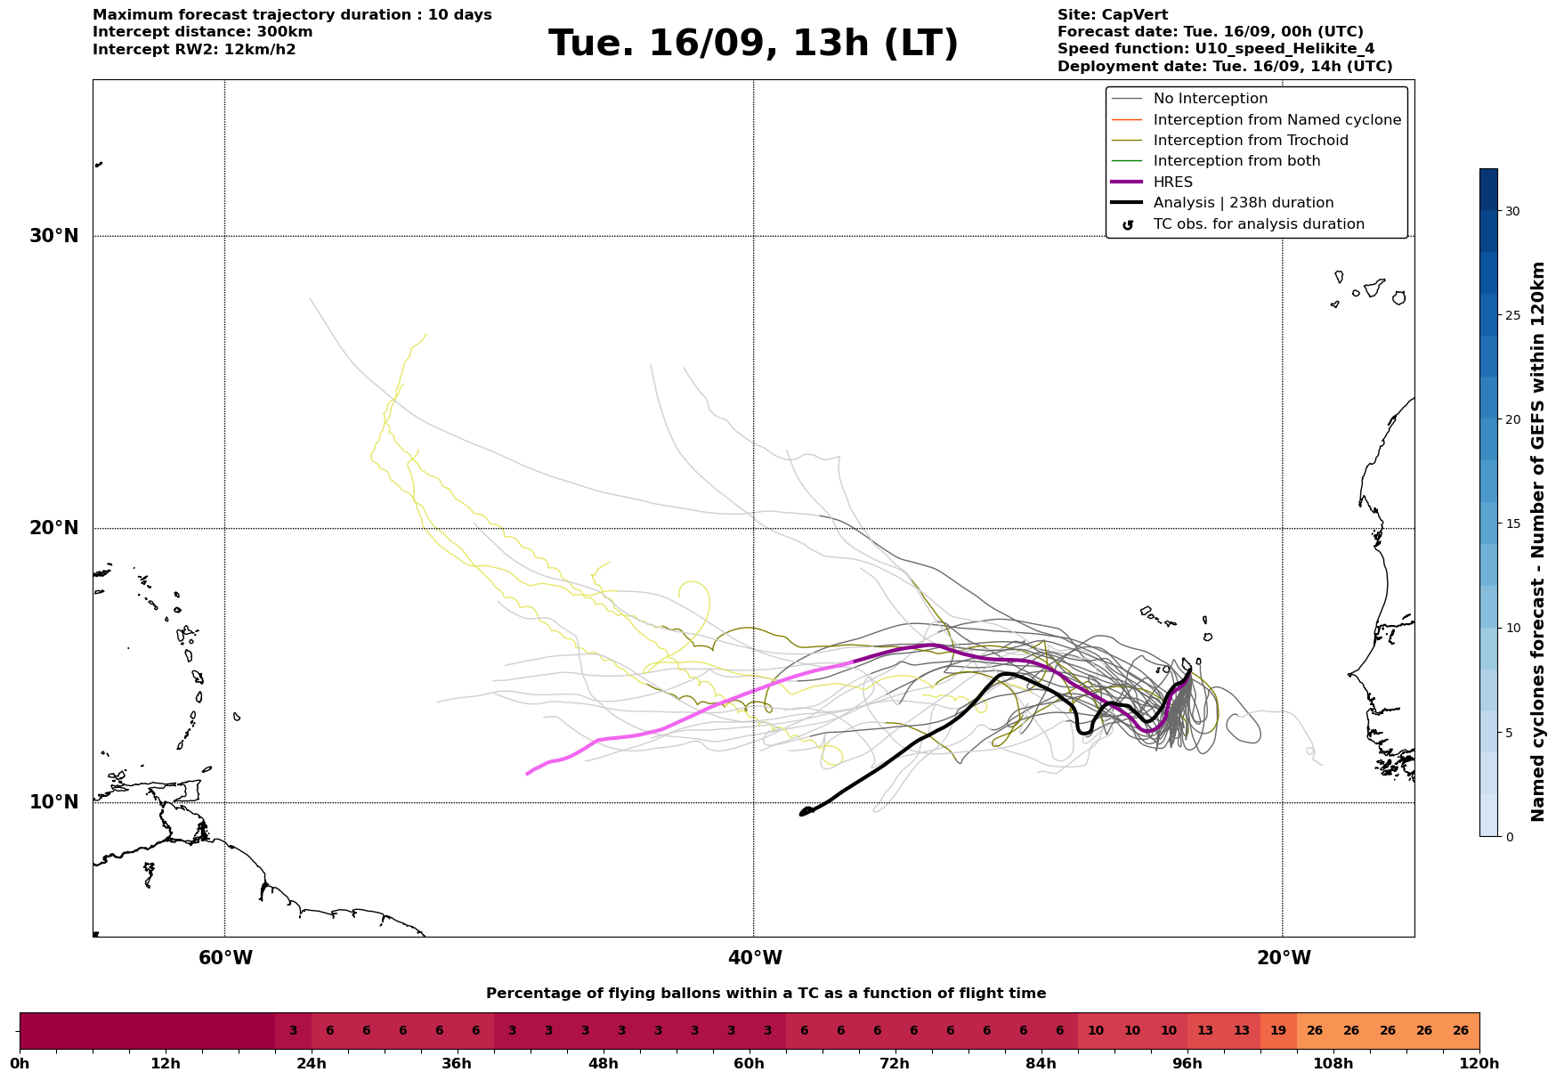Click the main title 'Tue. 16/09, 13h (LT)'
[x=753, y=44]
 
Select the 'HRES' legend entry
[x=1172, y=183]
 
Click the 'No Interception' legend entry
[x=1210, y=99]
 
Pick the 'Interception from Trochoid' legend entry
[x=1250, y=141]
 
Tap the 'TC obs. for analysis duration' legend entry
[x=1258, y=224]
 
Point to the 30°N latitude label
[x=54, y=236]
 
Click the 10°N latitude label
[x=54, y=802]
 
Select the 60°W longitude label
[x=225, y=958]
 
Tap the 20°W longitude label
[x=1283, y=958]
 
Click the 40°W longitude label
[x=755, y=958]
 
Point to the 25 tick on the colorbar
[x=1512, y=315]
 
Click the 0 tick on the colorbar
[x=1509, y=837]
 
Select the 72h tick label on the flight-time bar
[x=895, y=1063]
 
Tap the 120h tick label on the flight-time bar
[x=1479, y=1063]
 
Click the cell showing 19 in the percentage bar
[x=1278, y=1031]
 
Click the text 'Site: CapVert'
[x=1113, y=15]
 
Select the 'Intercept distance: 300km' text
[x=202, y=32]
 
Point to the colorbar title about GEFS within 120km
[x=1537, y=541]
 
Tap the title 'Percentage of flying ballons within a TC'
[x=766, y=994]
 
